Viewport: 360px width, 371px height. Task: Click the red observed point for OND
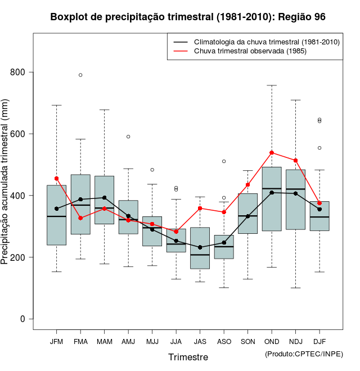click(272, 152)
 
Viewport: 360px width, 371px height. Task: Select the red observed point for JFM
click(56, 178)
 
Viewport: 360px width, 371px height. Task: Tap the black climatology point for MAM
click(104, 198)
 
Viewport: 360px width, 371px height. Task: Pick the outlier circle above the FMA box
click(80, 75)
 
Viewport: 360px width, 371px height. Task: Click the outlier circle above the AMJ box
click(128, 137)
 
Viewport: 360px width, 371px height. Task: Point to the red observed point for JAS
click(200, 208)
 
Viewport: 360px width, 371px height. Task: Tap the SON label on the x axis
click(247, 341)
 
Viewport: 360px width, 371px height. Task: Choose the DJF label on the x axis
click(319, 341)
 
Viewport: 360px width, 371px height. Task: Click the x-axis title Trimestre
click(188, 357)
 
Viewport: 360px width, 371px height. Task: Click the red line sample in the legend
click(180, 51)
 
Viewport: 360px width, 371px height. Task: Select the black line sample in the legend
click(180, 42)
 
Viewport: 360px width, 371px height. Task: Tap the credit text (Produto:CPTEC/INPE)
click(304, 354)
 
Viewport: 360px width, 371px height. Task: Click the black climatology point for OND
click(272, 193)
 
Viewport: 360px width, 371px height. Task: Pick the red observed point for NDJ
click(295, 161)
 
